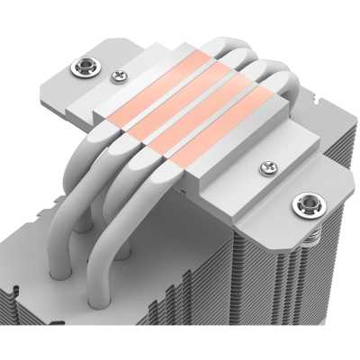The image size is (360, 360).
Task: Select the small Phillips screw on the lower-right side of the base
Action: pos(266,167)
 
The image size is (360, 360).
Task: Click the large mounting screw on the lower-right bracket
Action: pos(300,203)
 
